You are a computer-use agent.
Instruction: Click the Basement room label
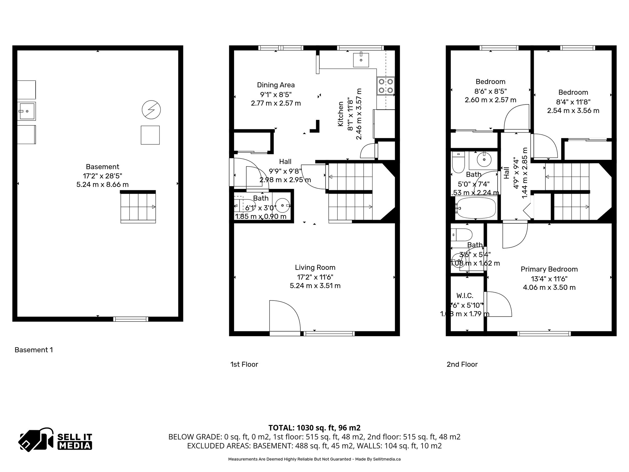[102, 167]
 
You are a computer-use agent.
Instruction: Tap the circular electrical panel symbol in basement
[151, 110]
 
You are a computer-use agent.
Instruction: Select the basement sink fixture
[27, 111]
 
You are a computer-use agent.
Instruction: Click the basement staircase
[138, 207]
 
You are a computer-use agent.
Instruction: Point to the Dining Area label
[275, 85]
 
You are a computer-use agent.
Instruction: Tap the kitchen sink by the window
[361, 59]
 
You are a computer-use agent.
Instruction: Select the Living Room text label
[315, 267]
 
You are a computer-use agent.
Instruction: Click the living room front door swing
[284, 317]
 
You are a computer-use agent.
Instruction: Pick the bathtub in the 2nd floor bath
[475, 208]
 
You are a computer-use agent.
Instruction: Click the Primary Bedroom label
[549, 269]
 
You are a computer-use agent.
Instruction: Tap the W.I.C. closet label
[465, 296]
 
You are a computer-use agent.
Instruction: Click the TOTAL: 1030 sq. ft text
[314, 428]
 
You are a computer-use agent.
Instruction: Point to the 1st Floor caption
[244, 364]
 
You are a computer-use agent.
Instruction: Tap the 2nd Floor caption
[462, 364]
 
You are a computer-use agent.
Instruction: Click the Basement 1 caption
[34, 350]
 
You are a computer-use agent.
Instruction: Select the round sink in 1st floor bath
[282, 205]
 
